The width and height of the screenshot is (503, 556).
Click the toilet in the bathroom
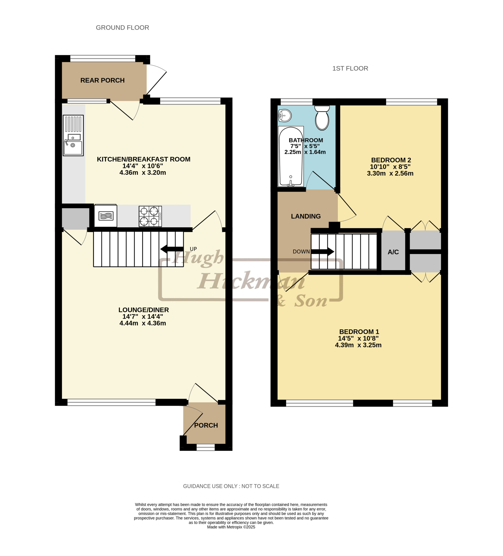pyautogui.click(x=322, y=118)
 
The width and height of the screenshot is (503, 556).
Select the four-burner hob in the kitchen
pyautogui.click(x=150, y=216)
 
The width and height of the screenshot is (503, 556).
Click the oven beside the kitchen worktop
pyautogui.click(x=106, y=215)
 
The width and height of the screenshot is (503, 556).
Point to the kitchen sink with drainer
pyautogui.click(x=73, y=135)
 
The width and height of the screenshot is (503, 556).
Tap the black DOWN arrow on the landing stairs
pyautogui.click(x=322, y=252)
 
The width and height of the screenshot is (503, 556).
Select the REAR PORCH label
pyautogui.click(x=102, y=80)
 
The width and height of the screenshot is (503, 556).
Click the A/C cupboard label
pyautogui.click(x=393, y=252)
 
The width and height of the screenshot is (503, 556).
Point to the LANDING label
pyautogui.click(x=306, y=216)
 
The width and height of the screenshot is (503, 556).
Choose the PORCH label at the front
pyautogui.click(x=206, y=425)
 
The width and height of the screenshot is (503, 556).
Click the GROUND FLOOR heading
pyautogui.click(x=122, y=28)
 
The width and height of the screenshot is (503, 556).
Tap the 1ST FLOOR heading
pyautogui.click(x=350, y=68)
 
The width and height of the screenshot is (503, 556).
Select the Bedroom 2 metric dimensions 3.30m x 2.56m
pyautogui.click(x=390, y=174)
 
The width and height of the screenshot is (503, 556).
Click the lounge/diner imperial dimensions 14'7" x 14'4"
pyautogui.click(x=142, y=317)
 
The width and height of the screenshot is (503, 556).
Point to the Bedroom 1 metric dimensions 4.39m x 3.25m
pyautogui.click(x=358, y=345)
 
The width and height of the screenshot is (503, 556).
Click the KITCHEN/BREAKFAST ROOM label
pyautogui.click(x=143, y=159)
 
